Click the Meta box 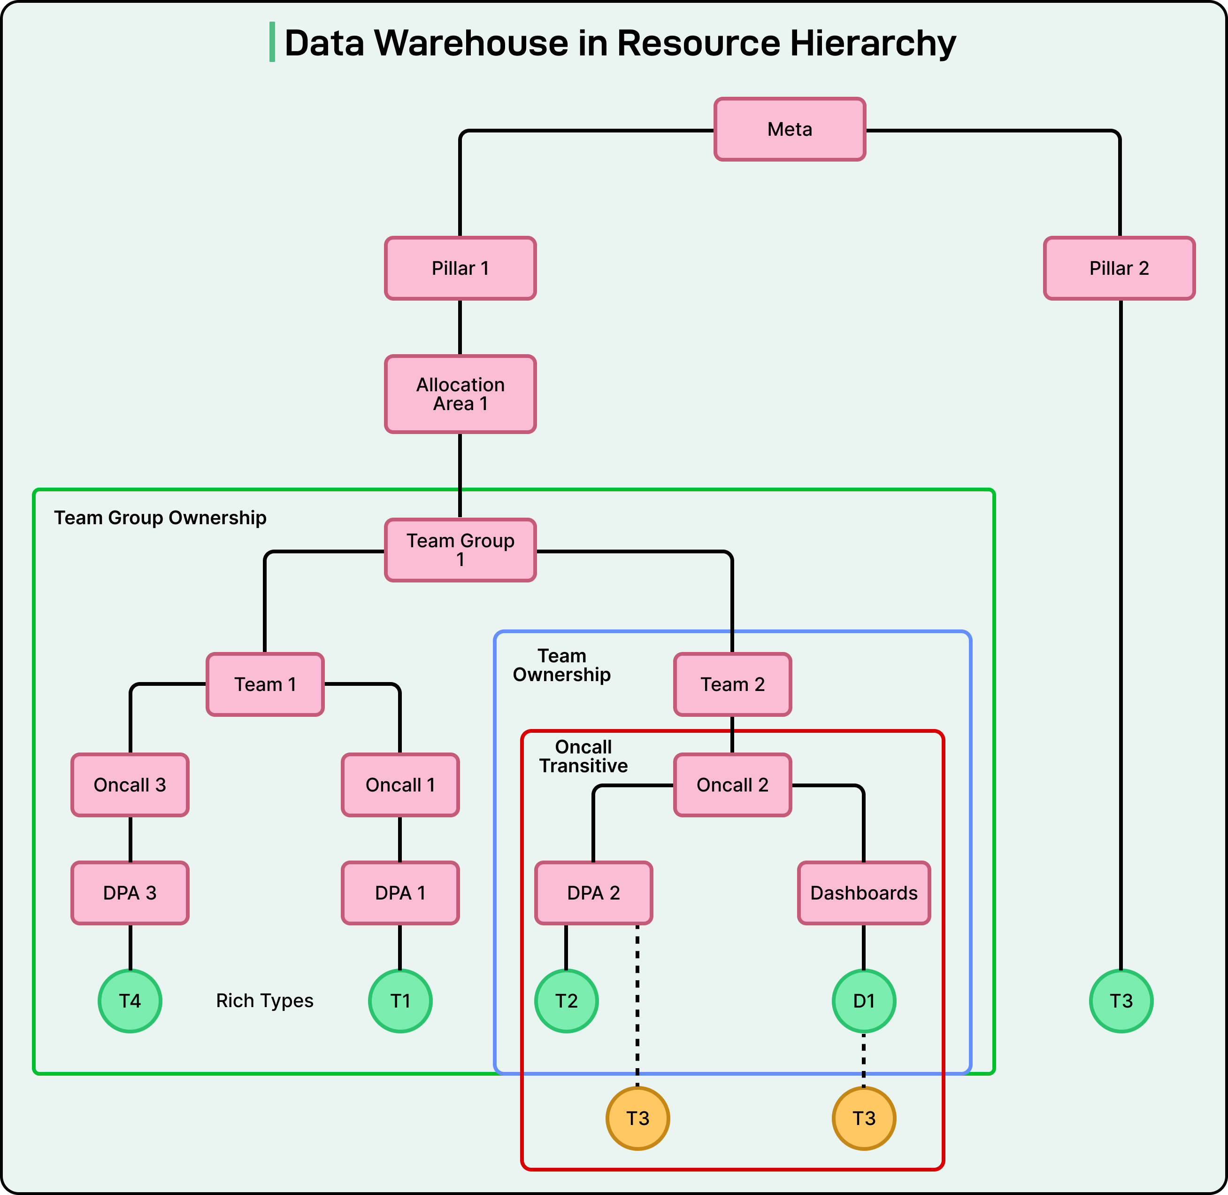pyautogui.click(x=790, y=129)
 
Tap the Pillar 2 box pyautogui.click(x=1119, y=268)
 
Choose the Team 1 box pyautogui.click(x=265, y=684)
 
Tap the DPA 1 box pyautogui.click(x=399, y=892)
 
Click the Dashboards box pyautogui.click(x=864, y=892)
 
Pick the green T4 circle pyautogui.click(x=130, y=1001)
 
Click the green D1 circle pyautogui.click(x=864, y=1001)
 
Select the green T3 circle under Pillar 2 pyautogui.click(x=1121, y=1001)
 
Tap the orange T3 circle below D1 pyautogui.click(x=864, y=1118)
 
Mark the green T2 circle pyautogui.click(x=566, y=1001)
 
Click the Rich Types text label pyautogui.click(x=265, y=1001)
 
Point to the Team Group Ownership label pyautogui.click(x=160, y=518)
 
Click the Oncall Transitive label pyautogui.click(x=583, y=756)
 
